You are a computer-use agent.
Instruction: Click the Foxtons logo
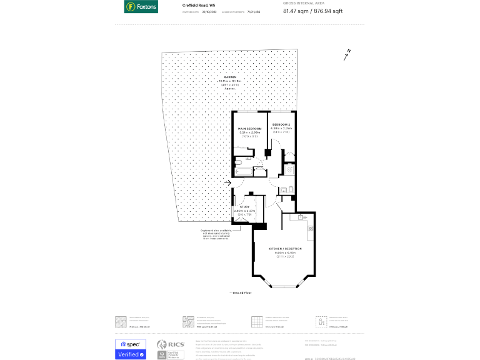click(141, 7)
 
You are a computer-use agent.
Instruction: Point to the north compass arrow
click(346, 55)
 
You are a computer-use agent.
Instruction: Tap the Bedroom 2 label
click(281, 125)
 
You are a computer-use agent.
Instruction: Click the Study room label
click(244, 207)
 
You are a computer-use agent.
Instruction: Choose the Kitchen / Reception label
click(285, 249)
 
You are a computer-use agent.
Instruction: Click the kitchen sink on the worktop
click(300, 217)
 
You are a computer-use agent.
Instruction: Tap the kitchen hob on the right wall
click(310, 228)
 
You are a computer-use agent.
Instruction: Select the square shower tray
click(289, 170)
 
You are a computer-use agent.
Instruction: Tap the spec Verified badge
click(130, 349)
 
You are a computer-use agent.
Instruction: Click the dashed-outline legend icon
click(321, 321)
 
